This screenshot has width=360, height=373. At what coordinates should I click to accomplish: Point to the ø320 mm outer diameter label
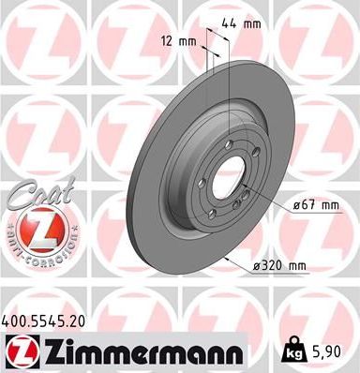[x=279, y=266]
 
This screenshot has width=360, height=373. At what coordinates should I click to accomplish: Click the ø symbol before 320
[x=256, y=266]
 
